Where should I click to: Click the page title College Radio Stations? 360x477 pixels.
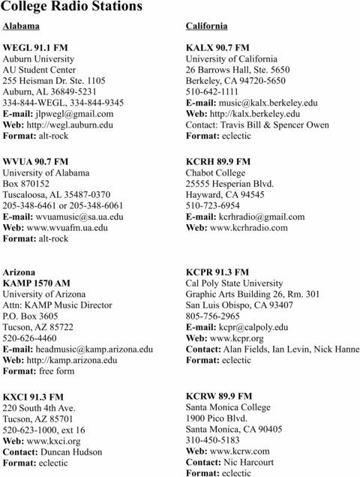pos(73,7)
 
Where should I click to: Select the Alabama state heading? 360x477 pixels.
pos(22,26)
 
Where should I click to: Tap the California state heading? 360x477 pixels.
pos(206,26)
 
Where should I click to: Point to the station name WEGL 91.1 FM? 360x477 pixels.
pos(35,47)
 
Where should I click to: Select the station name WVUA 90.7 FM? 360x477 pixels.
pos(36,161)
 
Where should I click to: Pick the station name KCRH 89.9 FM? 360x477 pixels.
pos(218,161)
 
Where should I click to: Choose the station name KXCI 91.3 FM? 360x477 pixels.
pos(34,396)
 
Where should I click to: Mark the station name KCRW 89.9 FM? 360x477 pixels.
pos(219,396)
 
